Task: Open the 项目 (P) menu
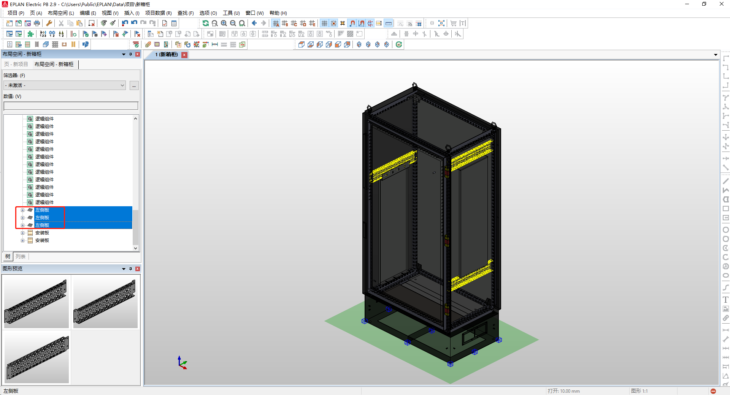click(x=16, y=13)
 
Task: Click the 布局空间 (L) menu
click(x=61, y=13)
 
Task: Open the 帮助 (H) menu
click(x=278, y=13)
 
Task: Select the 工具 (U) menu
click(x=231, y=13)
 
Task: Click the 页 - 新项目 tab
click(x=16, y=64)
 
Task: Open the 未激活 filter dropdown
click(x=65, y=85)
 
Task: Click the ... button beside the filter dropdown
click(x=134, y=85)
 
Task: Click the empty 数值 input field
click(x=71, y=106)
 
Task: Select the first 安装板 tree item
click(x=42, y=233)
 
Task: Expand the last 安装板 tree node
click(x=22, y=240)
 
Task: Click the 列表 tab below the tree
click(x=21, y=257)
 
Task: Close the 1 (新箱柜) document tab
click(x=184, y=55)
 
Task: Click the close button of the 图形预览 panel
click(x=138, y=269)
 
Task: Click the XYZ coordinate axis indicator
click(x=182, y=363)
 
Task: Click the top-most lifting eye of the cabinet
click(x=414, y=85)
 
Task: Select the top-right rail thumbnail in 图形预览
click(x=105, y=302)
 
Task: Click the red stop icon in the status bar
click(x=713, y=391)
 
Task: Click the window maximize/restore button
click(x=704, y=4)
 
